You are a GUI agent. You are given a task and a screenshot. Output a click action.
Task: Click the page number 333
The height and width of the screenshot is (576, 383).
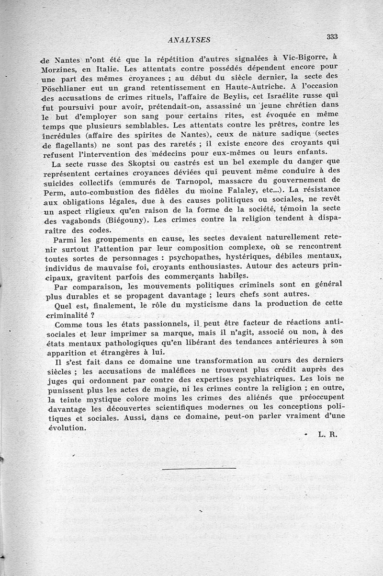(332, 37)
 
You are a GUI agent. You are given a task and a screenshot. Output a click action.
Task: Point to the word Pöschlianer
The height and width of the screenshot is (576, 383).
(64, 88)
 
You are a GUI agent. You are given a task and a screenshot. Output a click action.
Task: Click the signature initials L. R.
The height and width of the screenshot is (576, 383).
(327, 435)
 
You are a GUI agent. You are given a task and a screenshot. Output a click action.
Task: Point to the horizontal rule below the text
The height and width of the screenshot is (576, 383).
(199, 468)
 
